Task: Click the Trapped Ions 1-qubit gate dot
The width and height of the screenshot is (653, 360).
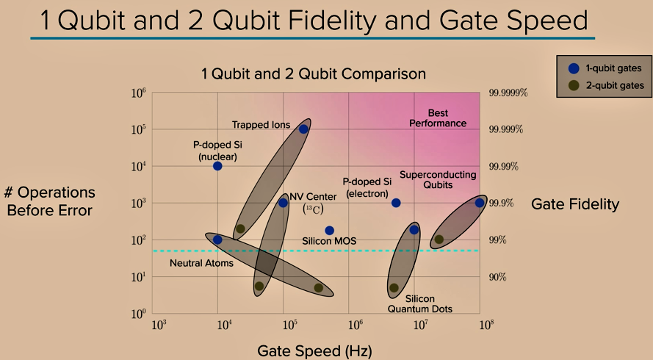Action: (303, 129)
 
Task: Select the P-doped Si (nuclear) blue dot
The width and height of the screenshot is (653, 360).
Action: (217, 166)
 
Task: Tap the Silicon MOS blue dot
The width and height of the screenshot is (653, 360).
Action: (329, 231)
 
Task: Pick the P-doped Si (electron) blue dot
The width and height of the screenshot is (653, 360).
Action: (396, 203)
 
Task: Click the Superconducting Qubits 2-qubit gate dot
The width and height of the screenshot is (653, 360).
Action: (439, 240)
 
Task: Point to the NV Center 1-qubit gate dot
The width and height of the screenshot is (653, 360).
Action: (283, 203)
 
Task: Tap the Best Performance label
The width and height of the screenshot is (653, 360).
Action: (438, 118)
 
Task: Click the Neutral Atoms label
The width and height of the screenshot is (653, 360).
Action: (201, 263)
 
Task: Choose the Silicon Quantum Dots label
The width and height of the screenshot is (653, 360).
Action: (419, 304)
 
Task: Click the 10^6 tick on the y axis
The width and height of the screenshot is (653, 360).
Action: (139, 93)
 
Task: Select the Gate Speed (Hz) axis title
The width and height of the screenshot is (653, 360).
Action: (314, 350)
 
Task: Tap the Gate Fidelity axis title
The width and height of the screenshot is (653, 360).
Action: (575, 204)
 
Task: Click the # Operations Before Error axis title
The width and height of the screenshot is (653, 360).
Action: (50, 201)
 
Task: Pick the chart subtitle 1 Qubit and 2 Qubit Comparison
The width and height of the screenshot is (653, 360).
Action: (314, 73)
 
